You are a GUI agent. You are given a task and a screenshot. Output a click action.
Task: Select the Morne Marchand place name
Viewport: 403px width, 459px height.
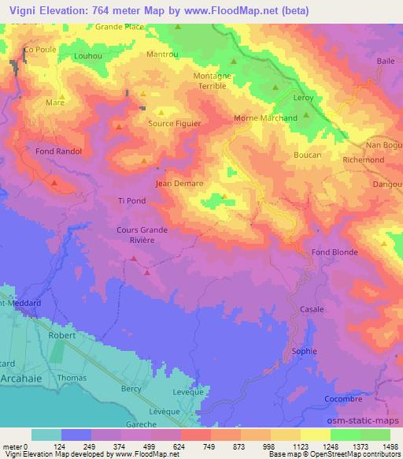(x=266, y=118)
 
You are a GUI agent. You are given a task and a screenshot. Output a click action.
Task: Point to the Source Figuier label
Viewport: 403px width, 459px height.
(x=175, y=124)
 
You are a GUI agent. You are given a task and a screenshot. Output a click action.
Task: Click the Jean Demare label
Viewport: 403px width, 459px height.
(x=180, y=184)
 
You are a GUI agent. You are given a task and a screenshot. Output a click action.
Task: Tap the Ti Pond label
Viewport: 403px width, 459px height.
(x=131, y=200)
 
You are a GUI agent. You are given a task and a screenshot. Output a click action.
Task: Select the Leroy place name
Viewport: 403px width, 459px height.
(x=304, y=98)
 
